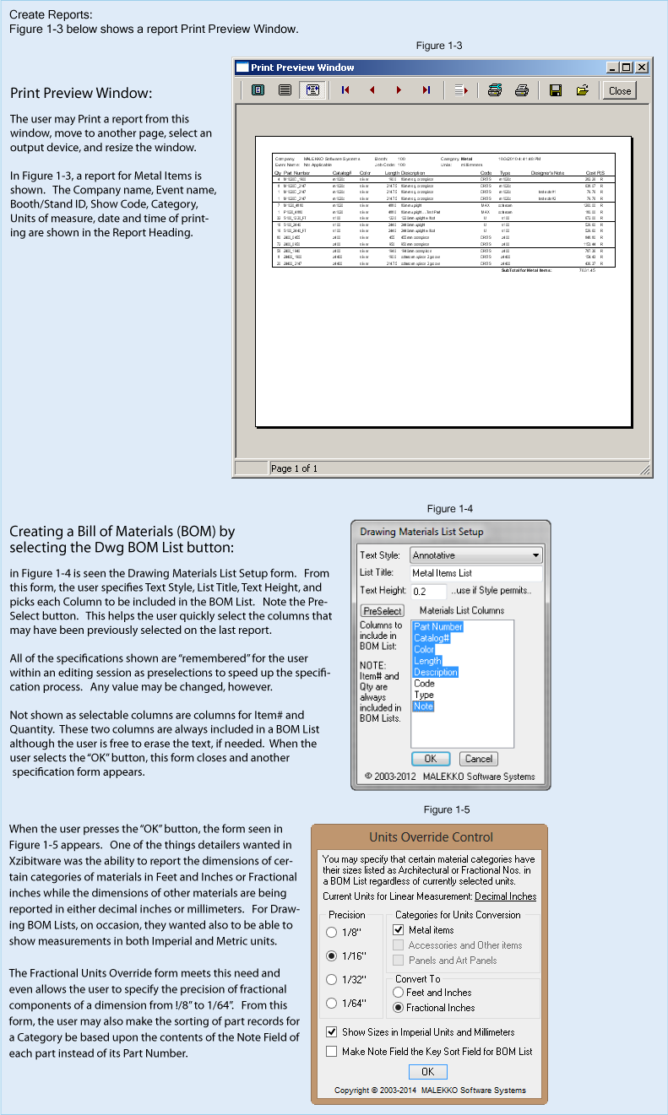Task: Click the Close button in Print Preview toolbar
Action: [x=620, y=90]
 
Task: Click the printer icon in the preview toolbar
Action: [x=522, y=90]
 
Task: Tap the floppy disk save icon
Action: [x=556, y=90]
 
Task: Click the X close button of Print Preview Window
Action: [x=642, y=68]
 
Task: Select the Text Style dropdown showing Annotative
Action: [x=476, y=555]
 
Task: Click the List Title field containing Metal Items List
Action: [x=476, y=573]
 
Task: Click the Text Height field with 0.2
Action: [x=428, y=592]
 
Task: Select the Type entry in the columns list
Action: [x=424, y=695]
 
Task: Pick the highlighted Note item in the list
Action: [x=423, y=706]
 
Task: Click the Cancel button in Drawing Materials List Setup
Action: [x=479, y=759]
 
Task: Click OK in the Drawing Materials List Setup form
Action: [x=431, y=759]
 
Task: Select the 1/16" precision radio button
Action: [x=331, y=956]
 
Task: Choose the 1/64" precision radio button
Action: [x=331, y=1004]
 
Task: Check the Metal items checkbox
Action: [x=399, y=930]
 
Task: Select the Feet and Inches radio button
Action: [x=399, y=993]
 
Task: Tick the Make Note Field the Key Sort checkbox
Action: [x=331, y=1052]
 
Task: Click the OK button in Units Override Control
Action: [x=427, y=1071]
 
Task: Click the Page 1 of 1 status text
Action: [x=293, y=468]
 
